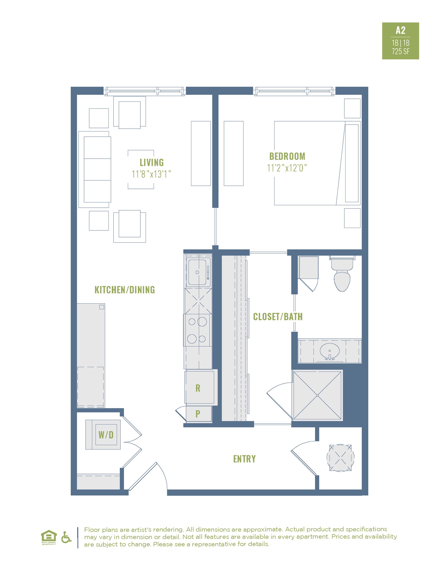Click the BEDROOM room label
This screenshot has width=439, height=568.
click(287, 156)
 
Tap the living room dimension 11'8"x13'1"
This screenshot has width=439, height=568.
click(151, 174)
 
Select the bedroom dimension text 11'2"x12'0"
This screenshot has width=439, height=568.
click(287, 168)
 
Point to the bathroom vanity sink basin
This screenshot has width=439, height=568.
click(329, 351)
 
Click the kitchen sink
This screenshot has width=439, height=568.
click(197, 272)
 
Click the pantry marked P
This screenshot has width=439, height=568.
click(198, 414)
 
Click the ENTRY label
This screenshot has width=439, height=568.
click(244, 459)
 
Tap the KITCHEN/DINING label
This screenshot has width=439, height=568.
click(125, 290)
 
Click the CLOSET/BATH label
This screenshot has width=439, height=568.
click(278, 317)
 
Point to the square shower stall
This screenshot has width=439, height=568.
click(317, 395)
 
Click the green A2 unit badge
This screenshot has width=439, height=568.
click(400, 41)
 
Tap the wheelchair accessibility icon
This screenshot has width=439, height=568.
click(66, 537)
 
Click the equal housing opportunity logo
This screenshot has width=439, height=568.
click(49, 537)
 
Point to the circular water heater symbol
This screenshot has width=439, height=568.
click(340, 458)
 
